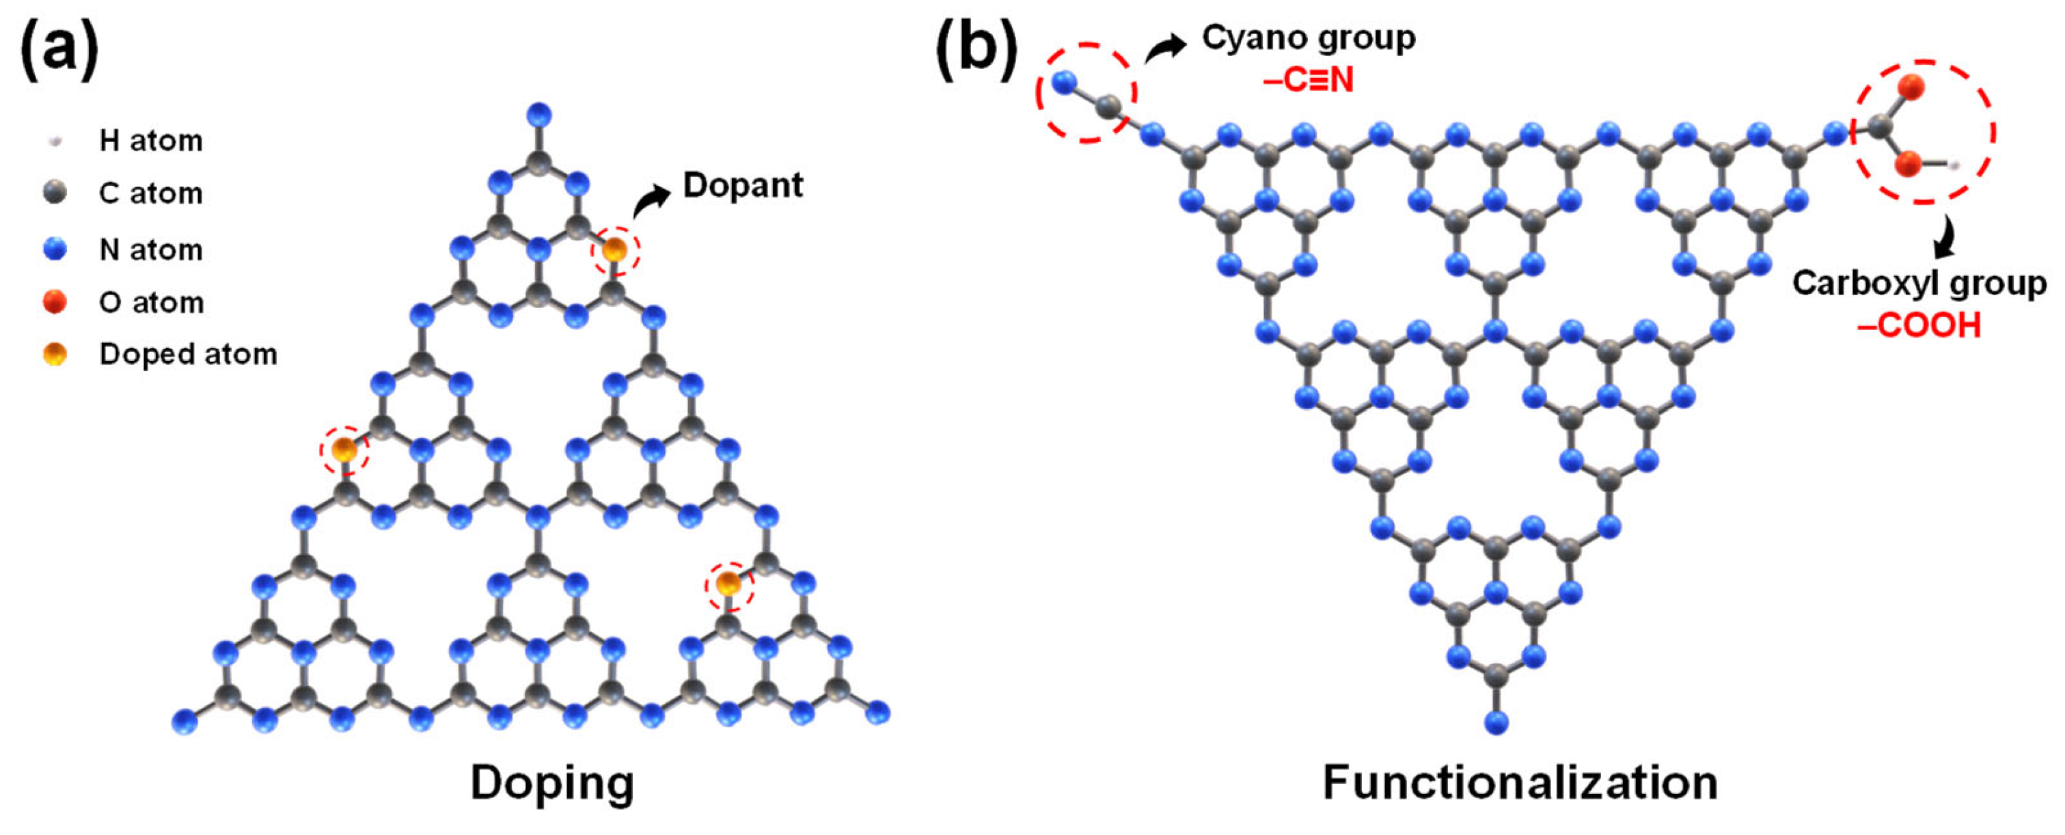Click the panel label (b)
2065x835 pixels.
(976, 50)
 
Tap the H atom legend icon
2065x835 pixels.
(55, 141)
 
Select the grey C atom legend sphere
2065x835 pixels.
(55, 192)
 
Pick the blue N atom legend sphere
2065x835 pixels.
(55, 249)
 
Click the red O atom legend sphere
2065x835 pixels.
(55, 302)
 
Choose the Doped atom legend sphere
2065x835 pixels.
(55, 353)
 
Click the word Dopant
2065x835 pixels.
(742, 185)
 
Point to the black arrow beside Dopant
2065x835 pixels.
(651, 200)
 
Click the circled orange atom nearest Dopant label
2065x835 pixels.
(615, 250)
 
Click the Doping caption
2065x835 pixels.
(551, 782)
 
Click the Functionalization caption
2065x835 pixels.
(1520, 782)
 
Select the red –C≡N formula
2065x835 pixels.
(1309, 80)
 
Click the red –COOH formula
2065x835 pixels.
(1919, 325)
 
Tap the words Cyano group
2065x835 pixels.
(1309, 38)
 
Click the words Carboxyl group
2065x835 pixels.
(1919, 283)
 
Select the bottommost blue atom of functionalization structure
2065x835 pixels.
(1496, 722)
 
